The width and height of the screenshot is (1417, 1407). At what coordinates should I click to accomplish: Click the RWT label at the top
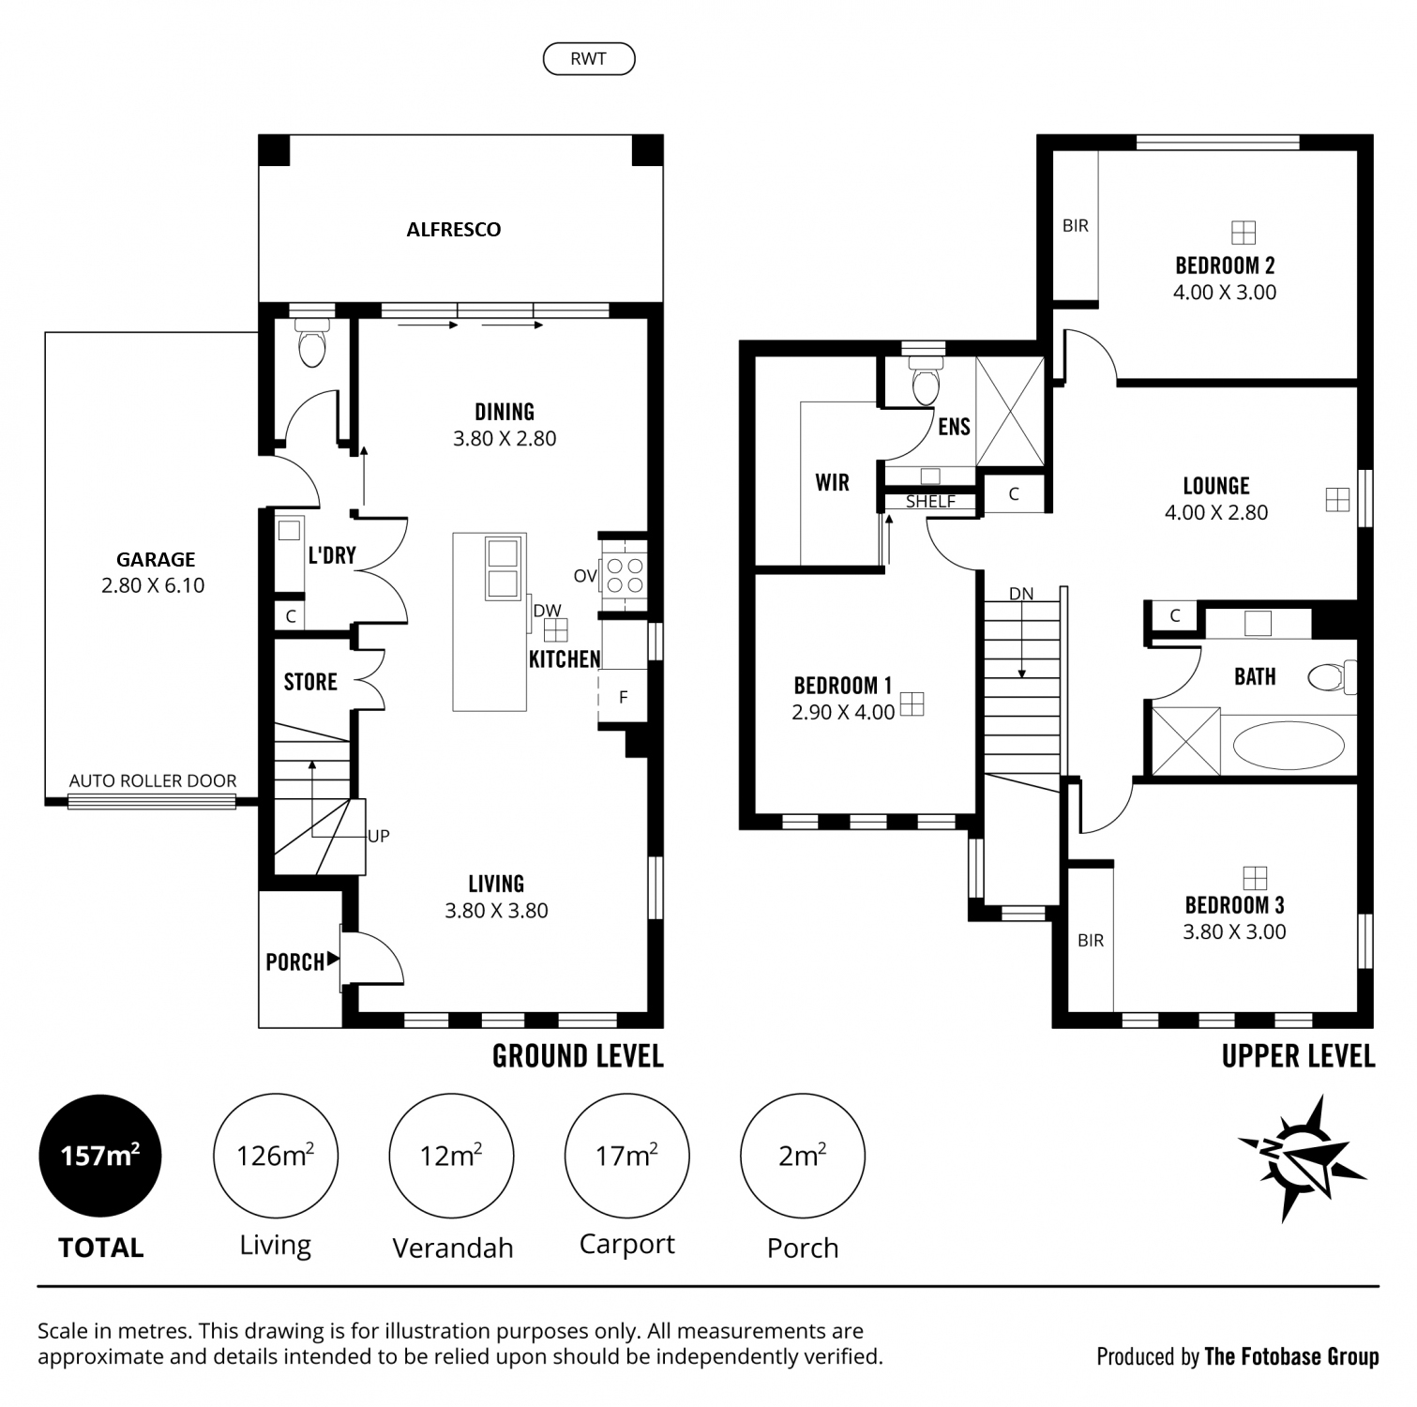[x=588, y=59]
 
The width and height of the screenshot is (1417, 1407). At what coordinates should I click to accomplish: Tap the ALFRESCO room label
[x=454, y=230]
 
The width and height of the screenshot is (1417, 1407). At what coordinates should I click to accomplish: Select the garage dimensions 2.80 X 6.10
[x=153, y=585]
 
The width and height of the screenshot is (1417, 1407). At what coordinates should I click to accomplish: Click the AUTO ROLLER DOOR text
[x=153, y=780]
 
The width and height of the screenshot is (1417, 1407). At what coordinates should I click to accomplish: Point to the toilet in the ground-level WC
[x=310, y=342]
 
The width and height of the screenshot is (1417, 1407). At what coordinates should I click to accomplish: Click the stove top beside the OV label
[x=624, y=574]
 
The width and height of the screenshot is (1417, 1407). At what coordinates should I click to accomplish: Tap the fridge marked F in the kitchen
[x=624, y=696]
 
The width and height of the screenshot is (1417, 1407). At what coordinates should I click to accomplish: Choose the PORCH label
[x=294, y=961]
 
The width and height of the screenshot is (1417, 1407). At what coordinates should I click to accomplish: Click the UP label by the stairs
[x=379, y=836]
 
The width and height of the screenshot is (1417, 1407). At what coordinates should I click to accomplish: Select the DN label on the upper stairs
[x=1021, y=594]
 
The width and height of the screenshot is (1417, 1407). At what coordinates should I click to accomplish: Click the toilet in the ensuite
[x=926, y=378]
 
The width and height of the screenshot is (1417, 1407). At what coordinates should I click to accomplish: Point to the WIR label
[x=832, y=482]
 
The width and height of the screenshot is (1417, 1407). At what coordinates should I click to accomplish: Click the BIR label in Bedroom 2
[x=1076, y=226]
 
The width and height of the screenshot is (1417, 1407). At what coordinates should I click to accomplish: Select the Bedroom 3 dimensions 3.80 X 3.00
[x=1234, y=931]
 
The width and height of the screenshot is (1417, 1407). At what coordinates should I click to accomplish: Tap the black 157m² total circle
[x=100, y=1157]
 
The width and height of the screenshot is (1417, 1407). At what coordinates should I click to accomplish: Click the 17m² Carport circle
[x=626, y=1156]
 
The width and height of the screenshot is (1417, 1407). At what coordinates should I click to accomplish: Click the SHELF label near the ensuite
[x=930, y=502]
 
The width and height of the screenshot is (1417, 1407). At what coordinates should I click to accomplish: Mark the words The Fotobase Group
[x=1291, y=1356]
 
